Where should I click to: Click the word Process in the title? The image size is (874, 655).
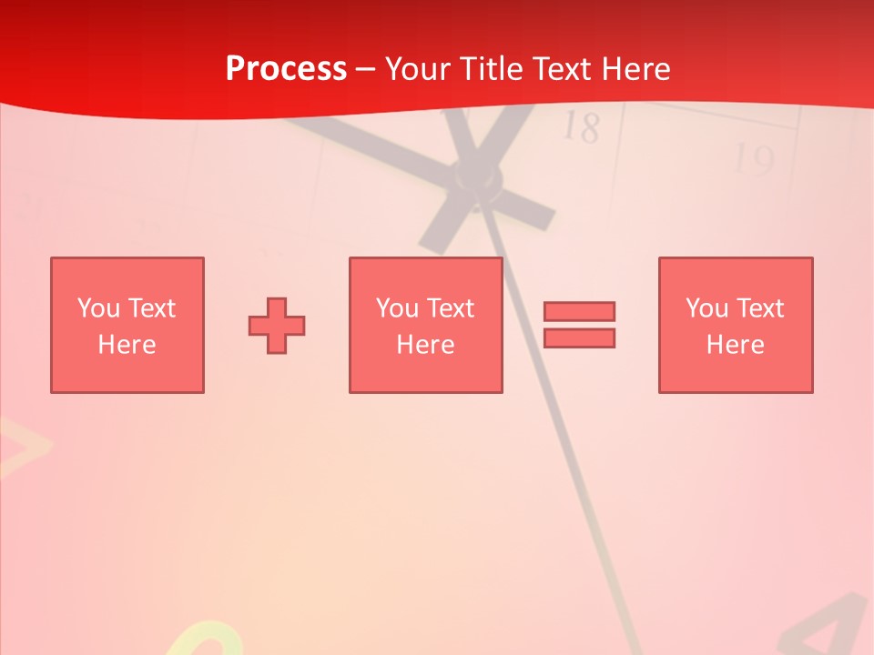pyautogui.click(x=286, y=69)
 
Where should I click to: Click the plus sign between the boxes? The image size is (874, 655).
pyautogui.click(x=277, y=325)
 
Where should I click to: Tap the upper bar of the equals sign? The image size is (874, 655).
pyautogui.click(x=579, y=311)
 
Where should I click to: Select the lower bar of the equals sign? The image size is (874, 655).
pyautogui.click(x=579, y=338)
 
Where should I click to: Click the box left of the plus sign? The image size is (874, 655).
pyautogui.click(x=127, y=325)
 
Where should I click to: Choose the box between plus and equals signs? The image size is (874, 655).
pyautogui.click(x=426, y=325)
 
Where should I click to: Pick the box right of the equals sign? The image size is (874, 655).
pyautogui.click(x=736, y=325)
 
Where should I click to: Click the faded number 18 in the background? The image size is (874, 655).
pyautogui.click(x=580, y=127)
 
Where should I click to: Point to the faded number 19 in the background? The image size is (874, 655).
pyautogui.click(x=754, y=161)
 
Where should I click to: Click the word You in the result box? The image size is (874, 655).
pyautogui.click(x=706, y=308)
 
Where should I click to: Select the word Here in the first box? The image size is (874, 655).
pyautogui.click(x=127, y=345)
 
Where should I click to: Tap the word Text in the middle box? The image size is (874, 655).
pyautogui.click(x=449, y=308)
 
